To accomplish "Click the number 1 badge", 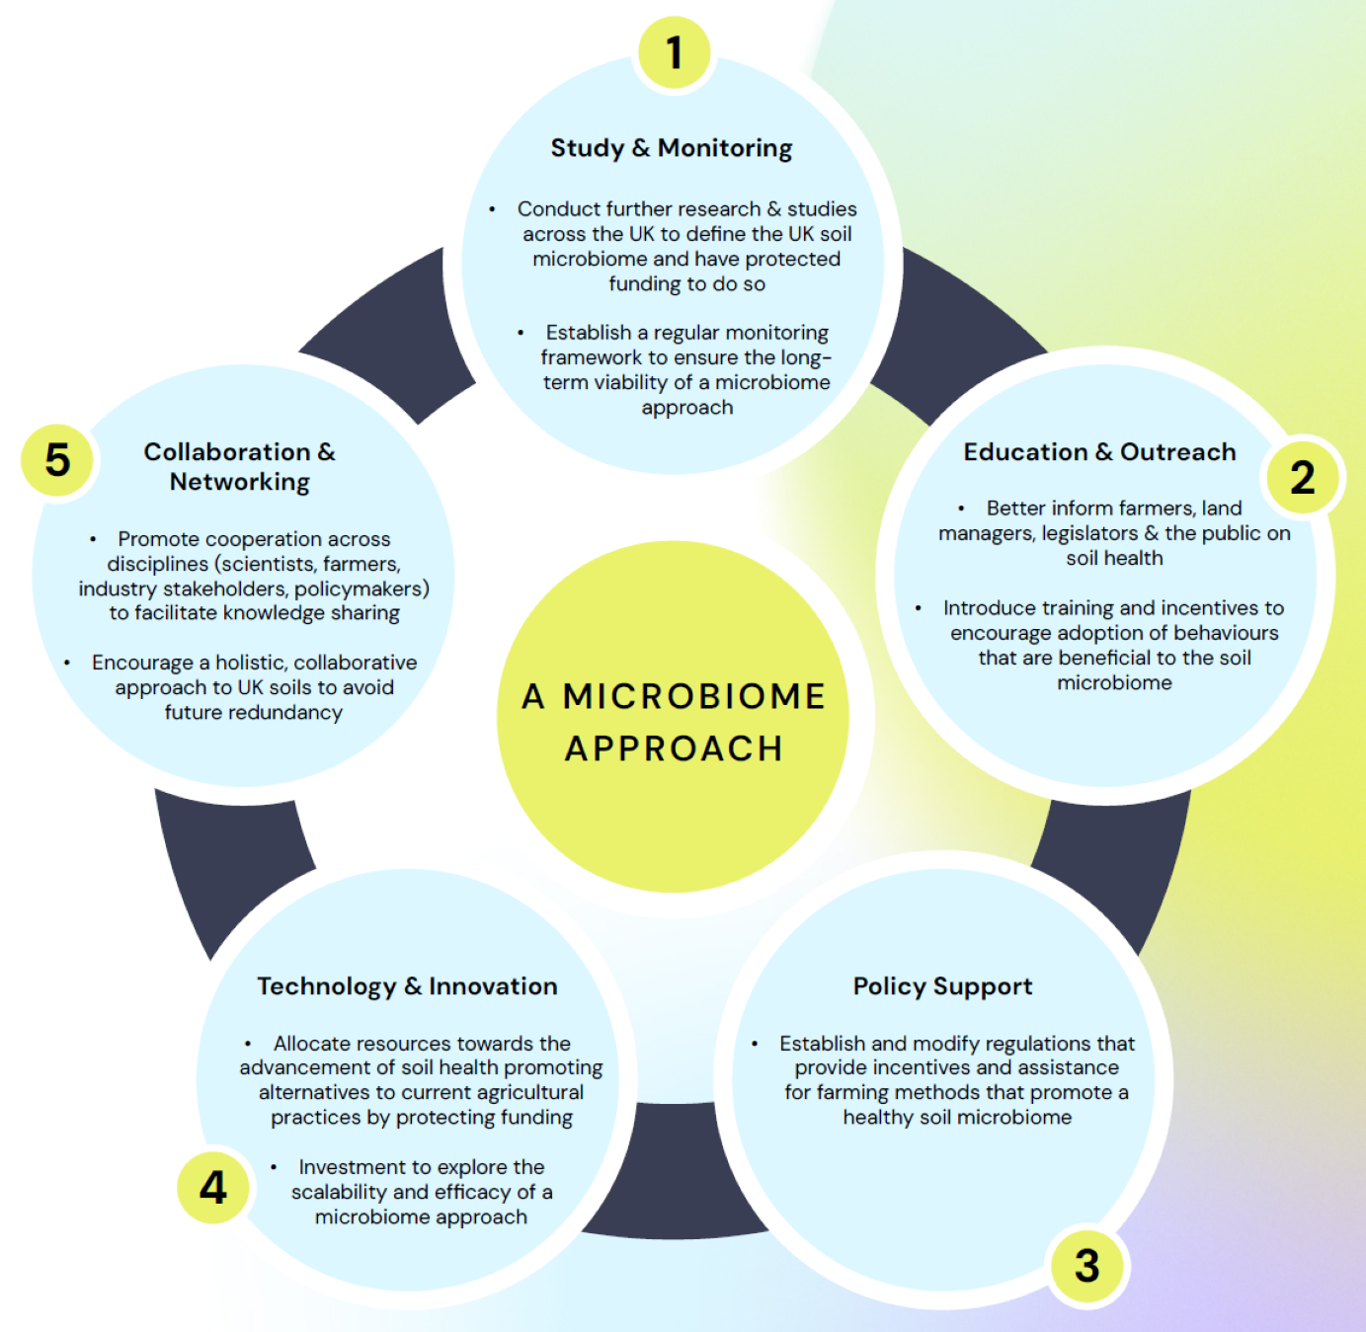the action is coord(674,52).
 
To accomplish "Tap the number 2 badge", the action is coord(1303,477).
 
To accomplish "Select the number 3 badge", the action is coord(1086,1265).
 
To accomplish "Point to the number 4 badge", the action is coord(213,1188).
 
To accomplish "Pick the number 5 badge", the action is coord(57,460).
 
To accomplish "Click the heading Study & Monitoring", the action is coord(671,148).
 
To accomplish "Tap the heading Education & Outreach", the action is coord(1099,452).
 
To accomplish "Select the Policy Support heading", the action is coord(942,986).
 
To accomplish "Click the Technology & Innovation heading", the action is coord(407,986).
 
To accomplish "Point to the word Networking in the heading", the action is coord(239,482).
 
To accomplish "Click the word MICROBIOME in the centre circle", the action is coord(694,697).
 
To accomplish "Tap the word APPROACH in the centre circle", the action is coord(674,748).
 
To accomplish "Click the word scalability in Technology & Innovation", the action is coord(339,1193).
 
